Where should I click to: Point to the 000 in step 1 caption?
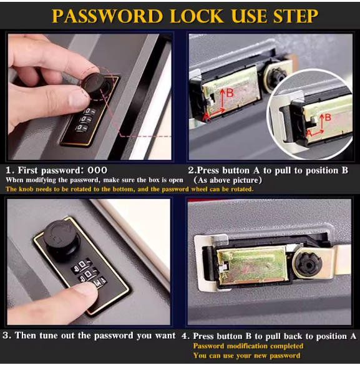[x=97, y=170]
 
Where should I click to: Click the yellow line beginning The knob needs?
[x=130, y=188]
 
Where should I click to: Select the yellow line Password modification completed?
[x=248, y=346]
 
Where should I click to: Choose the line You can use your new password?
[x=246, y=356]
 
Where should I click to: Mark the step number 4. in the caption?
[x=185, y=336]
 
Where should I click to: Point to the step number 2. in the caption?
[x=192, y=170]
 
